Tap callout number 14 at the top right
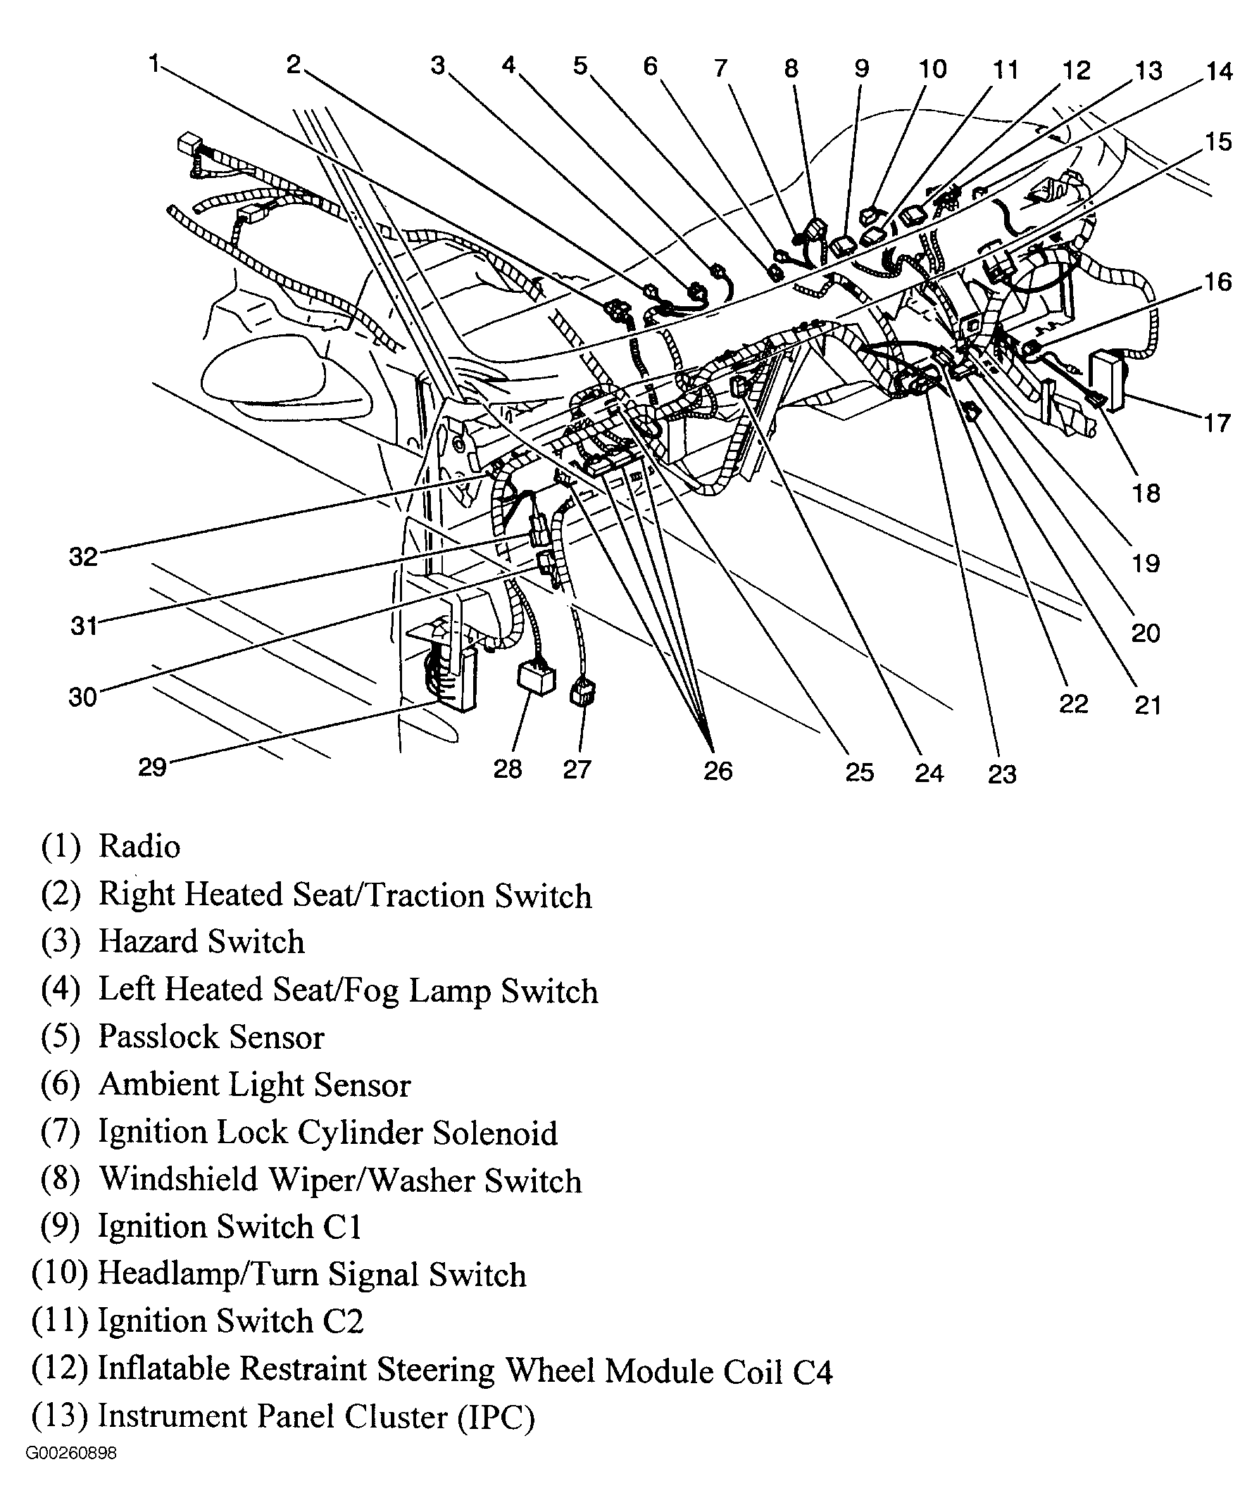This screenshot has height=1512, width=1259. pos(1219,71)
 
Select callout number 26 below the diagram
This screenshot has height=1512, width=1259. pos(718,771)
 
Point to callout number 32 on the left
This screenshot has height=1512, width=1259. pos(83,557)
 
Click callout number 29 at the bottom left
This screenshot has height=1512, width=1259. pos(152,767)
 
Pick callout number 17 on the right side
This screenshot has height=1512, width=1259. pos(1217,422)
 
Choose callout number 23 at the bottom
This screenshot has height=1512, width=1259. pos(1002,775)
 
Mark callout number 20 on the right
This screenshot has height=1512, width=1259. pos(1145,634)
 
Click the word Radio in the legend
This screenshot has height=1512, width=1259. pos(139,847)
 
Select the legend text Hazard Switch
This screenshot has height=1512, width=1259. pos(201,943)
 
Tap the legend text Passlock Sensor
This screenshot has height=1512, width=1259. pos(211,1038)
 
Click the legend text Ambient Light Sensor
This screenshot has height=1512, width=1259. pos(254,1085)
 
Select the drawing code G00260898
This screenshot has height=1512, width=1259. pos(70,1473)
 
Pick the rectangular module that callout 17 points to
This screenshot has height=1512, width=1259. pos(1109,379)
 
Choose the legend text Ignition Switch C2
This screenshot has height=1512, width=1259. pos(230,1322)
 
